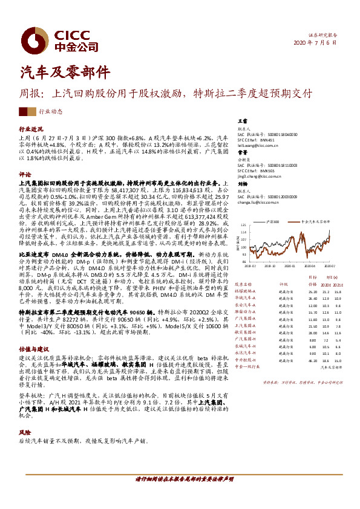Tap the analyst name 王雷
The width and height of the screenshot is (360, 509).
(x=242, y=122)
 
